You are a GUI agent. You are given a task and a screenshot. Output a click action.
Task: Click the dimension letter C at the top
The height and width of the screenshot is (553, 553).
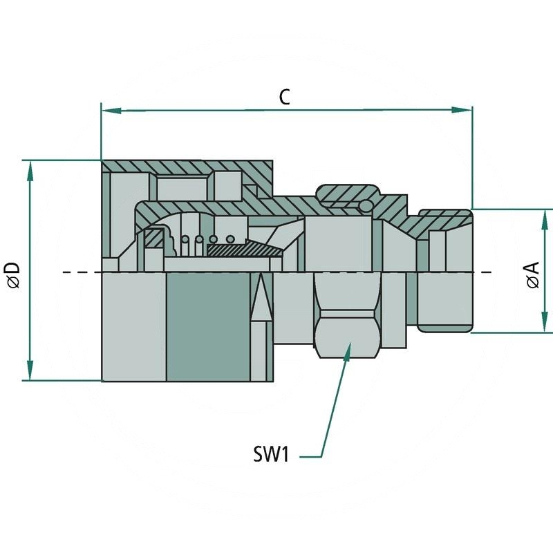pos(284,97)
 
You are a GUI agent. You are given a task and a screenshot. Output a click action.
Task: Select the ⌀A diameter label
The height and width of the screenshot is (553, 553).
pos(532,274)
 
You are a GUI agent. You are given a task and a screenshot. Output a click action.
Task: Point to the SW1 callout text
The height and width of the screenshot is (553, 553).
pos(271,456)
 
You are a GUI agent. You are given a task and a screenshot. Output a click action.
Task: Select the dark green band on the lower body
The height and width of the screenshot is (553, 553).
pos(207,326)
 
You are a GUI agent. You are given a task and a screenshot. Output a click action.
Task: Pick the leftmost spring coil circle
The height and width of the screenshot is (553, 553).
pos(185,240)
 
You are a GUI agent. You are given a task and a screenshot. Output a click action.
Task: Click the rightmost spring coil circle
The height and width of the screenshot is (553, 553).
pos(230,240)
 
